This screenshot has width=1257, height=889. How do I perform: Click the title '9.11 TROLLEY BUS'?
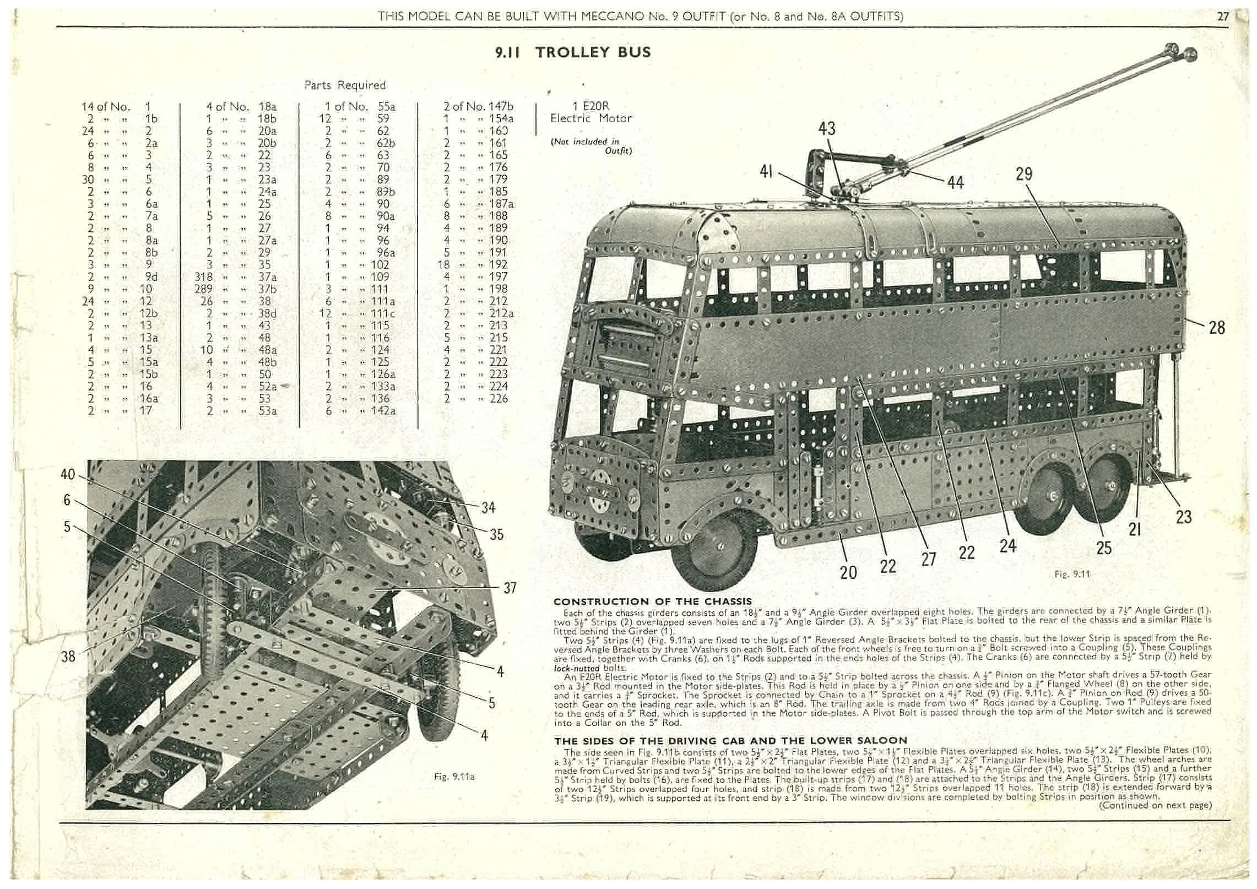coord(573,53)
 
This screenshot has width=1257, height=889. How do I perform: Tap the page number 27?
coord(1223,17)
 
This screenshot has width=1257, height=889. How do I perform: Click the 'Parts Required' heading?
coord(345,85)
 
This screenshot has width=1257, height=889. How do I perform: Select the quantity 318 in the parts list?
coord(204,277)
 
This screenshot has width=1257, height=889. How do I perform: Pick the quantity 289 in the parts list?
coord(204,289)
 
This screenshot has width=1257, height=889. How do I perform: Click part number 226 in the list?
coord(499,398)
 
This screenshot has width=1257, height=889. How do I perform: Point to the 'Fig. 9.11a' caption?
coord(454,777)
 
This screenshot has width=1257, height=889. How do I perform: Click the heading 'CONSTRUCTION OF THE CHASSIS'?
coord(653,601)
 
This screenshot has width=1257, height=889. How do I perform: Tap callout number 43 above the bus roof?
coord(827,129)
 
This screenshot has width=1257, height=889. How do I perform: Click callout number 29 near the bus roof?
coord(1024,174)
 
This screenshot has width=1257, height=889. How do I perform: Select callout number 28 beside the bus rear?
coord(1217,328)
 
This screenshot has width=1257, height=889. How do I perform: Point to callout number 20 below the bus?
coord(848,573)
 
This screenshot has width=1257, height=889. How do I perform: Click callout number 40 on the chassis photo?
coord(67,474)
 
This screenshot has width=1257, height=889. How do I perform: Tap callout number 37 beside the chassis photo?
coord(510,588)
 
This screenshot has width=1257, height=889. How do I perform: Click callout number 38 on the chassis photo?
coord(68,656)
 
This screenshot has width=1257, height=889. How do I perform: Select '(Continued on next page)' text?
coord(1155,805)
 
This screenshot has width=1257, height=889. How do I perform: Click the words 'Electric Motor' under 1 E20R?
coord(591,118)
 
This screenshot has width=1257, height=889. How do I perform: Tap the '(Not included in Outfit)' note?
coord(591,146)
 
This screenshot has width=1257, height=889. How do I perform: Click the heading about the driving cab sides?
coord(730,740)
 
